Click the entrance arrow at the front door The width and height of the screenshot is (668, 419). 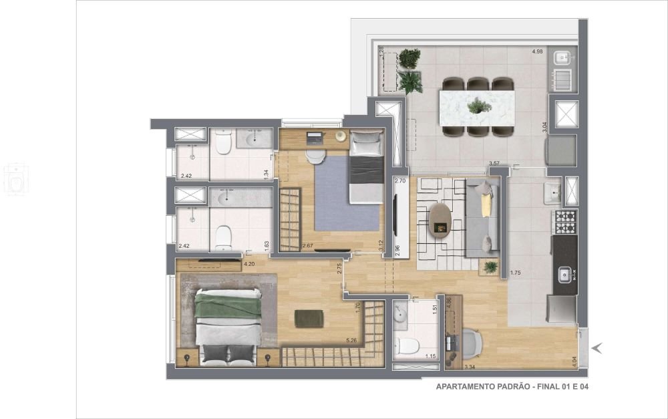click(598, 347)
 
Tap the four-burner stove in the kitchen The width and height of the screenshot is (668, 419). click(565, 221)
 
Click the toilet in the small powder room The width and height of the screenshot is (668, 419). click(406, 345)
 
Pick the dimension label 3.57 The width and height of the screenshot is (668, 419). click(494, 163)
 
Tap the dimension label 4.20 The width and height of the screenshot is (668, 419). click(250, 264)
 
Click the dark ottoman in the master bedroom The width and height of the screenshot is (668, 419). click(309, 319)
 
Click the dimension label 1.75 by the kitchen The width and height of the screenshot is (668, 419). click(515, 273)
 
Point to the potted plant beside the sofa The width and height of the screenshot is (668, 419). click(491, 267)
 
